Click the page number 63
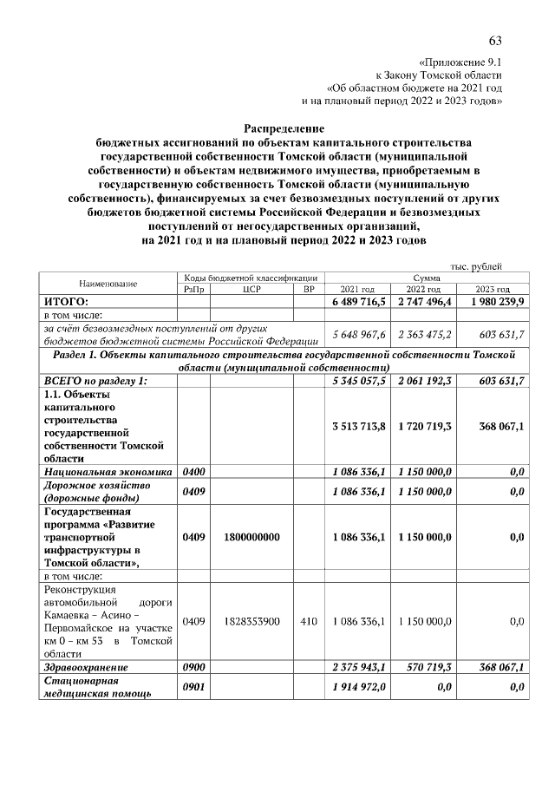(495, 42)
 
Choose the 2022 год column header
(427, 289)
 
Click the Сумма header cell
(426, 278)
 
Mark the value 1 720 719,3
(427, 427)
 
